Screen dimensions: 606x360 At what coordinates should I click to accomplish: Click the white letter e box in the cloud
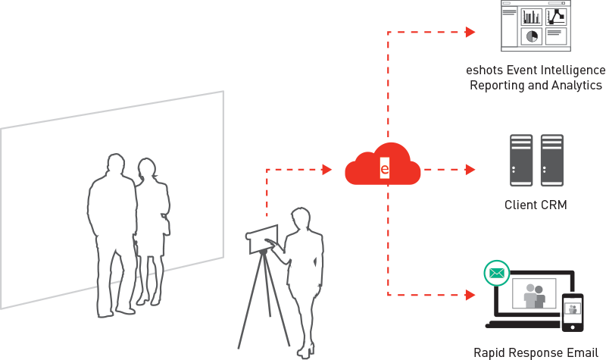click(385, 168)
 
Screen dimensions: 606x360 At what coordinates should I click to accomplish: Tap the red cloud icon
click(383, 164)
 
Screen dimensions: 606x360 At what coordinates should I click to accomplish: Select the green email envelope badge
click(497, 274)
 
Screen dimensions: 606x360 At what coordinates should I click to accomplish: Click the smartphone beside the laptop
click(573, 312)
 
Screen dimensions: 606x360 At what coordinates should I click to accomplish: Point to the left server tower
click(521, 160)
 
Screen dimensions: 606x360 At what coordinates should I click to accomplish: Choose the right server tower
click(552, 160)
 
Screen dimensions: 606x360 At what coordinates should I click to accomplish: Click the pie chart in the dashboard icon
click(532, 36)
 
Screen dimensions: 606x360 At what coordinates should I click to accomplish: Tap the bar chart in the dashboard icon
click(532, 17)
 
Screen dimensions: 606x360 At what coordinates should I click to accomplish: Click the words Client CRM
click(536, 205)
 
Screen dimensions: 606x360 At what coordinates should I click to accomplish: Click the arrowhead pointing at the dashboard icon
click(470, 32)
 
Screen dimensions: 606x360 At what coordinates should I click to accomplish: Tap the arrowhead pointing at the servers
click(470, 169)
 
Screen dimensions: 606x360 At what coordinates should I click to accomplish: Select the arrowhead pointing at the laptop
click(470, 295)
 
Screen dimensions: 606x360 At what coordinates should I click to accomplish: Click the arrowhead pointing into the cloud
click(327, 169)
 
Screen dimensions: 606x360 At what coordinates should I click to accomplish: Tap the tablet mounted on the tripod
click(262, 239)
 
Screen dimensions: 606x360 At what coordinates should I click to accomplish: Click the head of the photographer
click(300, 218)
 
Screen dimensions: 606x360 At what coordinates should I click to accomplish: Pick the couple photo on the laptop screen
click(534, 293)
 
